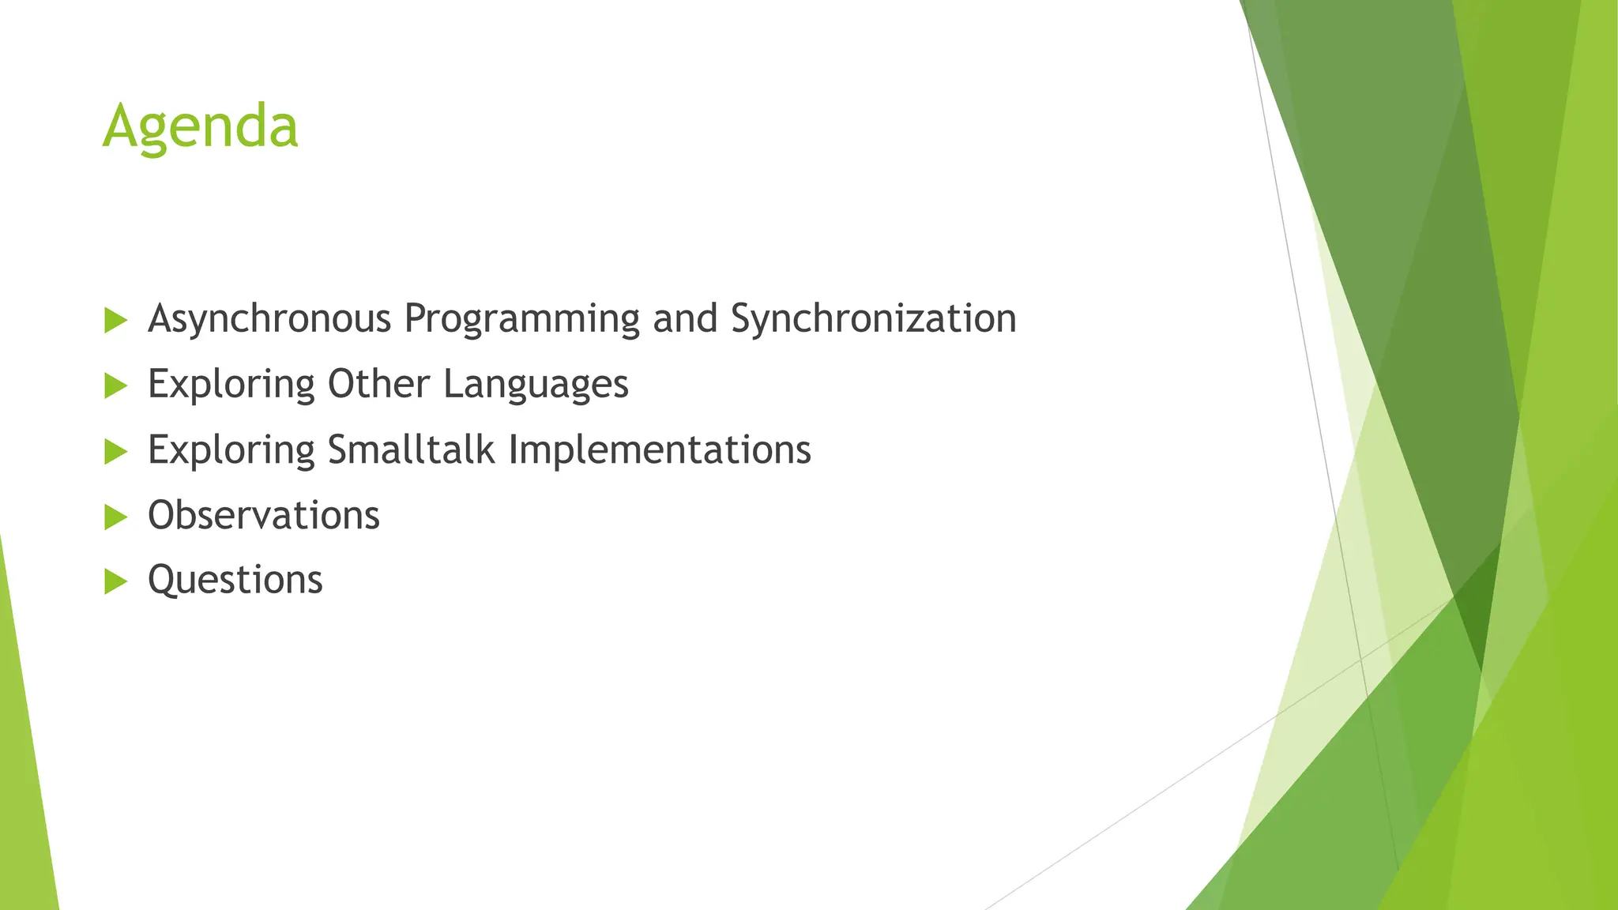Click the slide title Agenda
pos(201,126)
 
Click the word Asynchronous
pos(269,319)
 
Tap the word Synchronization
pos(873,319)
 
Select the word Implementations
pos(660,450)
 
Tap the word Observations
pos(264,515)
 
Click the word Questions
pos(235,581)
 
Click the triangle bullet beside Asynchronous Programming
pos(115,321)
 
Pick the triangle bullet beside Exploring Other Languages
pos(115,386)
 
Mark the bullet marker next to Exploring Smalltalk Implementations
pos(115,452)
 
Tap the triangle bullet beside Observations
pos(115,517)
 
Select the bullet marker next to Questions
pos(115,582)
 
